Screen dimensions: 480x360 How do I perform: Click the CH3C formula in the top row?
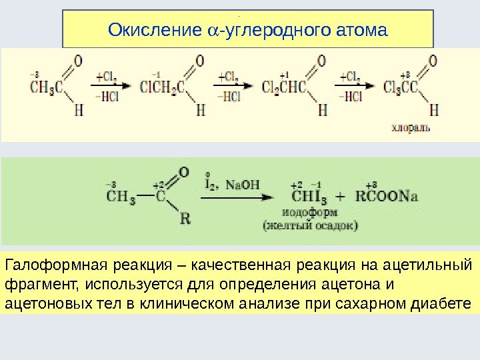pos(47,87)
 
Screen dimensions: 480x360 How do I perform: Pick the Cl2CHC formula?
pos(284,87)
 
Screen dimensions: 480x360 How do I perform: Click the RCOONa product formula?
pos(391,197)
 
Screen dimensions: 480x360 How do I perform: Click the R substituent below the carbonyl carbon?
pos(185,218)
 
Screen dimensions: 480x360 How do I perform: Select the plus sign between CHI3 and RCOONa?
pos(342,197)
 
